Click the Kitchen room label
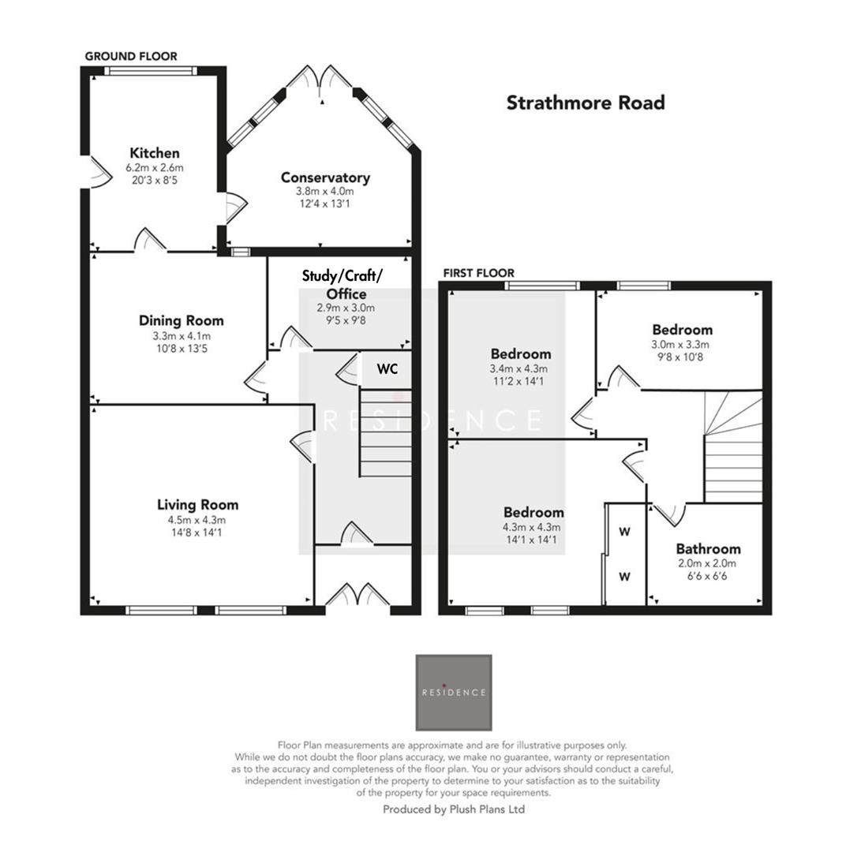[x=155, y=153]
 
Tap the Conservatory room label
[x=325, y=177]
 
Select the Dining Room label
[x=181, y=320]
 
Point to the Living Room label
[x=197, y=505]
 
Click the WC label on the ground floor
[x=387, y=368]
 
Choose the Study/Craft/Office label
[x=342, y=284]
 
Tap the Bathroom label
[x=708, y=548]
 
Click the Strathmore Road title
[x=585, y=103]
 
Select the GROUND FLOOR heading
[x=131, y=56]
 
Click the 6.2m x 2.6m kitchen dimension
[x=155, y=168]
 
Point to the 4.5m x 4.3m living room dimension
[x=197, y=520]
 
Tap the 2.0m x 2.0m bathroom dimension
[x=708, y=563]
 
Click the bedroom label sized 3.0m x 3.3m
[x=682, y=330]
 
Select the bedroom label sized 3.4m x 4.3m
[x=520, y=353]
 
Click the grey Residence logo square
[x=454, y=692]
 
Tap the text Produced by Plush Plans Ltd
[x=454, y=809]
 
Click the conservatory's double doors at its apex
[x=320, y=79]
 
